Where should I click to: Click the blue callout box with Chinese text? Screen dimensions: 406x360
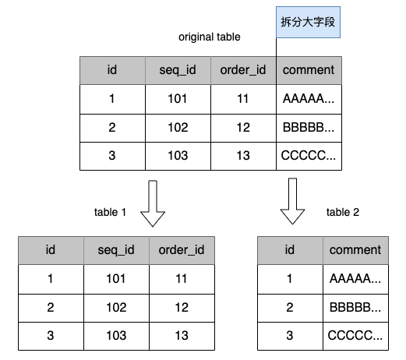pos(308,22)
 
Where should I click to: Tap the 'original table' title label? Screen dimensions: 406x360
pos(210,37)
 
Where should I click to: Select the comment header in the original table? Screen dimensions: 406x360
pos(309,70)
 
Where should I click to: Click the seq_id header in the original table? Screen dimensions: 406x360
pos(178,70)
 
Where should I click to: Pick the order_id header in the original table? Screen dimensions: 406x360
pos(243,70)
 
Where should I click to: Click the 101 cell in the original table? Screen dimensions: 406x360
pos(178,99)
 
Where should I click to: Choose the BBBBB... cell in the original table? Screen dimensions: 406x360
pos(309,128)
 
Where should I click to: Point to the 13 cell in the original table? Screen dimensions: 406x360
pos(243,156)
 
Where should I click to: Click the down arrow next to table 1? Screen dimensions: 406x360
pos(153,203)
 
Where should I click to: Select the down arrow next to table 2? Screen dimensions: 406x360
pos(292,201)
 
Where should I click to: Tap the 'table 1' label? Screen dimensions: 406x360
pos(110,212)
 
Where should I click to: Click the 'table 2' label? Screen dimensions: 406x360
pos(343,212)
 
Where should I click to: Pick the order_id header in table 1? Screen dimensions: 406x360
pos(182,250)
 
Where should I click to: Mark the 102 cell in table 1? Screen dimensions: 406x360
pos(116,308)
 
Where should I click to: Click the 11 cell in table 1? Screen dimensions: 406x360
pos(182,279)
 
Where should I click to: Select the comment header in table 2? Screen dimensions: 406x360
pos(355,250)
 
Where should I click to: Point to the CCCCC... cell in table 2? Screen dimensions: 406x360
pos(355,336)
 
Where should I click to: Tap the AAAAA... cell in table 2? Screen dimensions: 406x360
pos(355,279)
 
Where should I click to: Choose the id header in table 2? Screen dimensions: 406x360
pos(290,250)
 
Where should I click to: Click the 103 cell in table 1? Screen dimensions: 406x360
pos(116,336)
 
